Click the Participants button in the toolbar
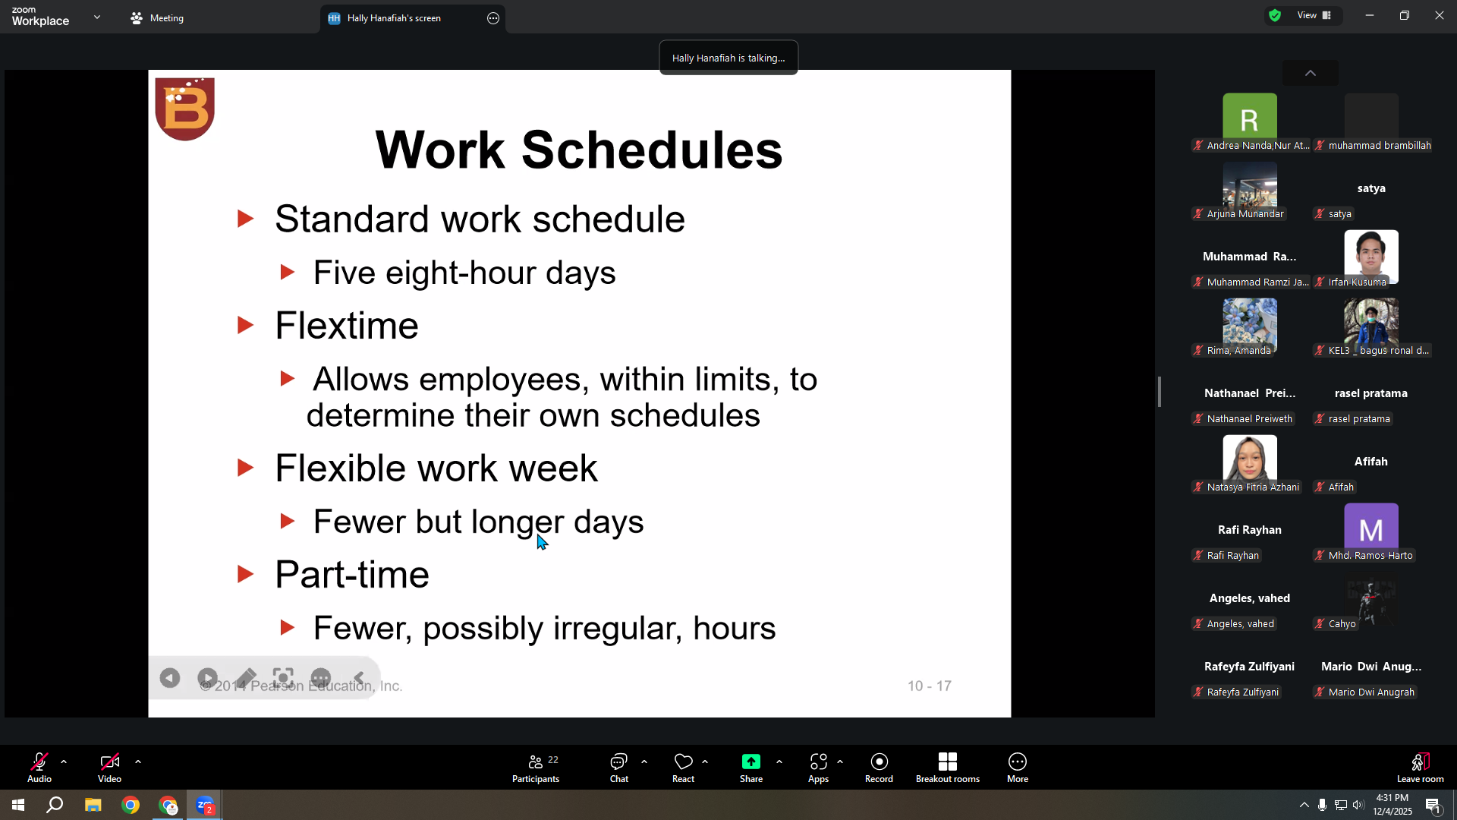536,768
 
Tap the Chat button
619,768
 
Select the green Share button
751,768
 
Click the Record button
879,768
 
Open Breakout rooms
947,768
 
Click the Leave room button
1421,768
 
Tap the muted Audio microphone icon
39,762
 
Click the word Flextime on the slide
347,326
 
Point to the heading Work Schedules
579,150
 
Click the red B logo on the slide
185,109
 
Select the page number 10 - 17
930,686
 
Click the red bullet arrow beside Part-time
245,575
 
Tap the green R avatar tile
1250,116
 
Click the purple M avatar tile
1371,526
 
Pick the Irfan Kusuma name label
1357,282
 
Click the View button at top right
1314,15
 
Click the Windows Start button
18,805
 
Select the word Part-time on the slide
352,575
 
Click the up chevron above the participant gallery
1311,73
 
